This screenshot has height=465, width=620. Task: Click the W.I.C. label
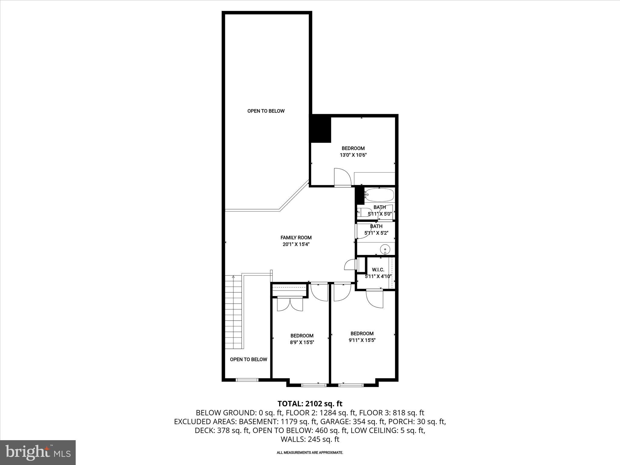coord(378,269)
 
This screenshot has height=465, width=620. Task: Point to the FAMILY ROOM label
coord(296,238)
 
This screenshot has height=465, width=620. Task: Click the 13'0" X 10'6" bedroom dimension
coord(353,155)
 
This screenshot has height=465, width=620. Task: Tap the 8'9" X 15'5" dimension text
coord(302,342)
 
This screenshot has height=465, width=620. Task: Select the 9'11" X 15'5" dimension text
coord(362,340)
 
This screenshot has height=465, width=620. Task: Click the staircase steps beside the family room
coord(234,312)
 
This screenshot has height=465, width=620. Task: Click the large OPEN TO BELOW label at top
coord(266,111)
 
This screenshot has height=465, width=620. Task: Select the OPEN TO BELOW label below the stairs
coord(248,359)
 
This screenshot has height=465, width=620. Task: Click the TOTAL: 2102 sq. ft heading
coord(310,404)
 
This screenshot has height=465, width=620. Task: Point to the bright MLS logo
coord(38,453)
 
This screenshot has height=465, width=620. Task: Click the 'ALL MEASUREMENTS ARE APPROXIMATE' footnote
coord(310,453)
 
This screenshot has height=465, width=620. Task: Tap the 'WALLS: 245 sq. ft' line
coord(310,439)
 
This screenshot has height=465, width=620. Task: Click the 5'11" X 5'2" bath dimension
coord(376,233)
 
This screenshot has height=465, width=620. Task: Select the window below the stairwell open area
coord(247,380)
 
